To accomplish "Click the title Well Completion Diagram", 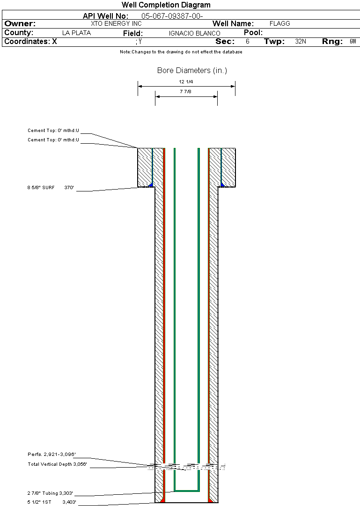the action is click(x=166, y=5).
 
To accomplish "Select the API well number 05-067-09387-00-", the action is click(x=172, y=16).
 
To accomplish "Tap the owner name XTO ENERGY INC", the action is click(x=116, y=23).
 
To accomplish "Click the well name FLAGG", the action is click(x=279, y=23).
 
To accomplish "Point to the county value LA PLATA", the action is click(x=76, y=33).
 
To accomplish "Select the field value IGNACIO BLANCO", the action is click(x=194, y=33).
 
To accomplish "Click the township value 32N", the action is click(x=301, y=41).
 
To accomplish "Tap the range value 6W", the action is click(x=353, y=41).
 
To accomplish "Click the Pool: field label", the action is click(x=253, y=33).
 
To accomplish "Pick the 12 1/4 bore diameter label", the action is click(x=186, y=81).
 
